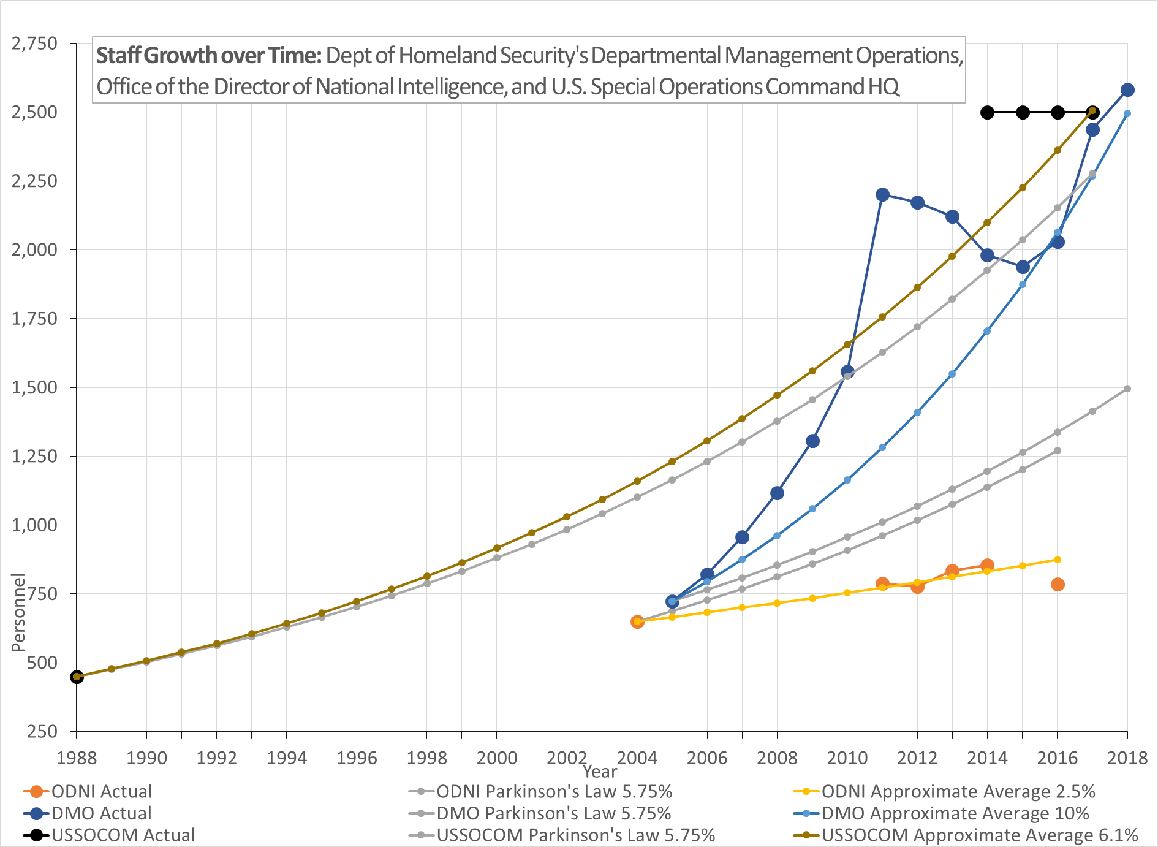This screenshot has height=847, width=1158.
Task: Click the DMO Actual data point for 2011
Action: (882, 195)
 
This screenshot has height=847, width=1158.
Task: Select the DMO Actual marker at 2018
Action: (1127, 90)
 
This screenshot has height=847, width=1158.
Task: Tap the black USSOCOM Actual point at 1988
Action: (77, 677)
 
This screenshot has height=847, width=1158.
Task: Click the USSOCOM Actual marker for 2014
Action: (987, 112)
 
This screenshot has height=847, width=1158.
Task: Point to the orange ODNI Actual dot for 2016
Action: (1058, 585)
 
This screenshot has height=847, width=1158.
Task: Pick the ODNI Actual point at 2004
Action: (637, 622)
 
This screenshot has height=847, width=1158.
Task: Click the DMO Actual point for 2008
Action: (777, 493)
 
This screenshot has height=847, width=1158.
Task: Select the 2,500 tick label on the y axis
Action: (34, 112)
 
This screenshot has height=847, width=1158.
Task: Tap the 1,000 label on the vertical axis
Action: (34, 525)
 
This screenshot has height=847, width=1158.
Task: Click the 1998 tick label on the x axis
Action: (426, 758)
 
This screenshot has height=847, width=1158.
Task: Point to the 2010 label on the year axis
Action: (847, 758)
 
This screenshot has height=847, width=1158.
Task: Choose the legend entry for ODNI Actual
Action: (101, 791)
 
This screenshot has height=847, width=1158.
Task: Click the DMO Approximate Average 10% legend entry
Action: (955, 813)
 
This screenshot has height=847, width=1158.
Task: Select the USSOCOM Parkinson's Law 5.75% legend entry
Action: (575, 835)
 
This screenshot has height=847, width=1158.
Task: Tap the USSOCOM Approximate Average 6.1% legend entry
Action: (979, 835)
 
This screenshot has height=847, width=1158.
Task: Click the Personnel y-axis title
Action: (19, 612)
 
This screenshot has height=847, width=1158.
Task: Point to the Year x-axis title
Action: (600, 772)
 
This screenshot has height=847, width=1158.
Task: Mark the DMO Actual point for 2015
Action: (1023, 267)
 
